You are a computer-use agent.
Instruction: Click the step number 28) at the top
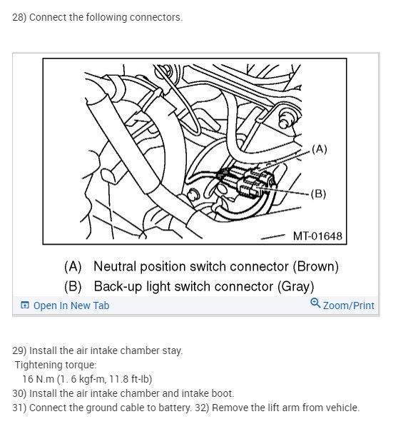[x=19, y=17]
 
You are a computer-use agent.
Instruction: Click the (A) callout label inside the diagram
[x=319, y=149]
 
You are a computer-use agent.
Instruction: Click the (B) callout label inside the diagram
[x=318, y=193]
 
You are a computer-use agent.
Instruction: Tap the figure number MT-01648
[x=317, y=236]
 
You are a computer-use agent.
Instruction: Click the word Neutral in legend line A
[x=116, y=267]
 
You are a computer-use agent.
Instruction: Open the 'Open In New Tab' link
[x=71, y=306]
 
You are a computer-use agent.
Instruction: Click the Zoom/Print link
[x=348, y=306]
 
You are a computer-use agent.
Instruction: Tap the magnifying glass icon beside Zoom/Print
[x=315, y=304]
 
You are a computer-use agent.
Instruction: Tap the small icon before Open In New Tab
[x=25, y=306]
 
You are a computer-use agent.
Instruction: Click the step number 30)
[x=19, y=393]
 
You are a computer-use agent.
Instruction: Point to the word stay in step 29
[x=172, y=350]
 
